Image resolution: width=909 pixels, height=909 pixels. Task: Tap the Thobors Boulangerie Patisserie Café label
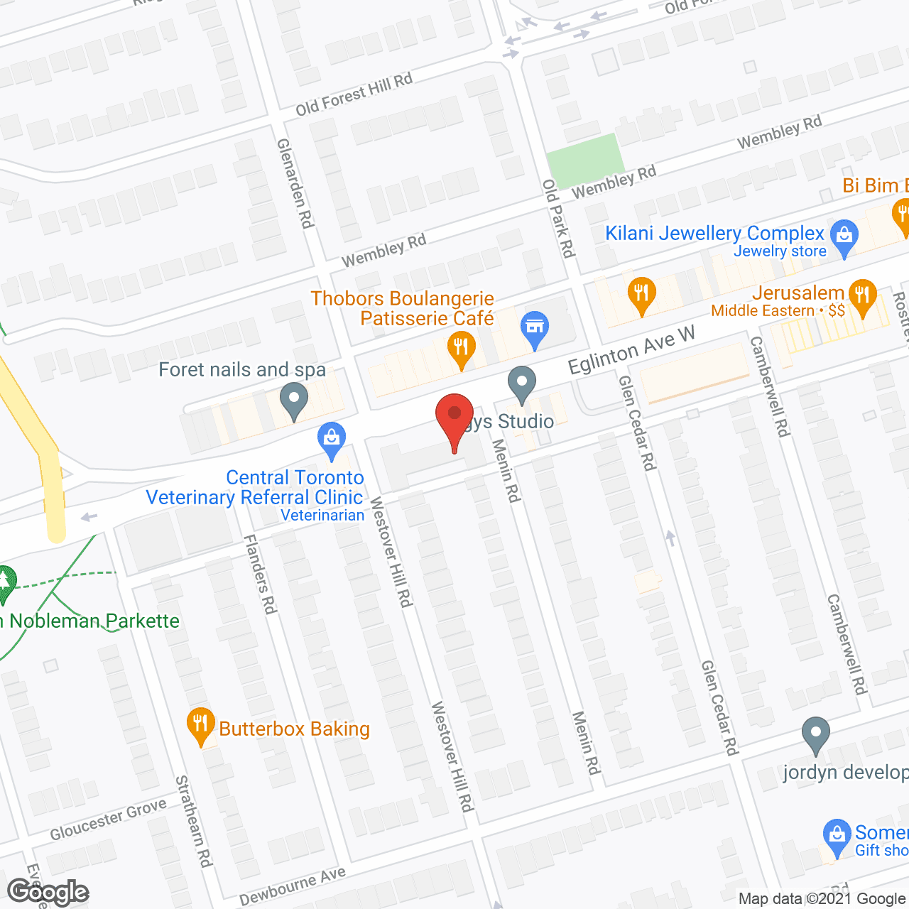pyautogui.click(x=403, y=308)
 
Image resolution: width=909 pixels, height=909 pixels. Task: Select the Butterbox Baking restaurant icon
pyautogui.click(x=200, y=724)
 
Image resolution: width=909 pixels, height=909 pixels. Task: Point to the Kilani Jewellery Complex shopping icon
pyautogui.click(x=844, y=236)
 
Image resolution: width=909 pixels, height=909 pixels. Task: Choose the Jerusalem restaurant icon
pyautogui.click(x=863, y=296)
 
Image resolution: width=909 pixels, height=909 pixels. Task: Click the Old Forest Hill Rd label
pyautogui.click(x=354, y=94)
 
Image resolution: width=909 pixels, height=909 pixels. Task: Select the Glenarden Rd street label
pyautogui.click(x=295, y=183)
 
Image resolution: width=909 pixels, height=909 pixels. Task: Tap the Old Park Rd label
pyautogui.click(x=558, y=218)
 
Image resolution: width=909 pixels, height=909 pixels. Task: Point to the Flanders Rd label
pyautogui.click(x=259, y=574)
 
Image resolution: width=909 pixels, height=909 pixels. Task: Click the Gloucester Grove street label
pyautogui.click(x=108, y=819)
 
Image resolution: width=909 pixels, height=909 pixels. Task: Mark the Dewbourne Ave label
pyautogui.click(x=293, y=886)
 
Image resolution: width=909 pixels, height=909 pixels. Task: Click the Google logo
pyautogui.click(x=48, y=892)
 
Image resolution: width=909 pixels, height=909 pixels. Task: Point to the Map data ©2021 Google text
pyautogui.click(x=822, y=899)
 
